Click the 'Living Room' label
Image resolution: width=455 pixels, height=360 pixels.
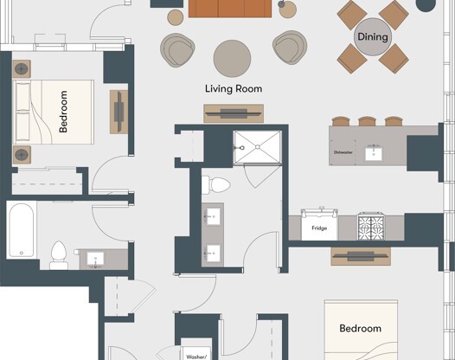[234, 88]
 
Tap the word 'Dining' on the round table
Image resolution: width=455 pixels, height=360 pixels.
[374, 37]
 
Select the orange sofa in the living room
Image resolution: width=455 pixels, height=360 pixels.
[231, 9]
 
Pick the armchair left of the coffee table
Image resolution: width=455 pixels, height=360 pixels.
[179, 50]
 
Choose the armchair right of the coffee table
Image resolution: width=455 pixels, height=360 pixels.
[289, 48]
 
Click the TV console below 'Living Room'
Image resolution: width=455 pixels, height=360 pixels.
[234, 113]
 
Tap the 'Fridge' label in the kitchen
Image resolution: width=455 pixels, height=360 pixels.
[318, 229]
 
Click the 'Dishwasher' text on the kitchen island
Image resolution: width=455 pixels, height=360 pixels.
[343, 152]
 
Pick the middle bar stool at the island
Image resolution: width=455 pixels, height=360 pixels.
[368, 120]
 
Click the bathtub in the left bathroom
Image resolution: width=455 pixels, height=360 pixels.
[22, 230]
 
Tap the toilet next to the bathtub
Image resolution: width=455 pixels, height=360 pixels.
[59, 254]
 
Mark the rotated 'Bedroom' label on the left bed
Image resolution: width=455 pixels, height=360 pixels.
[63, 112]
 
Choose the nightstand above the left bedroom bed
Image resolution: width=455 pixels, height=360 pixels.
[22, 68]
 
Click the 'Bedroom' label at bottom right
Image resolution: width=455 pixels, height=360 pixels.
[360, 329]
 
